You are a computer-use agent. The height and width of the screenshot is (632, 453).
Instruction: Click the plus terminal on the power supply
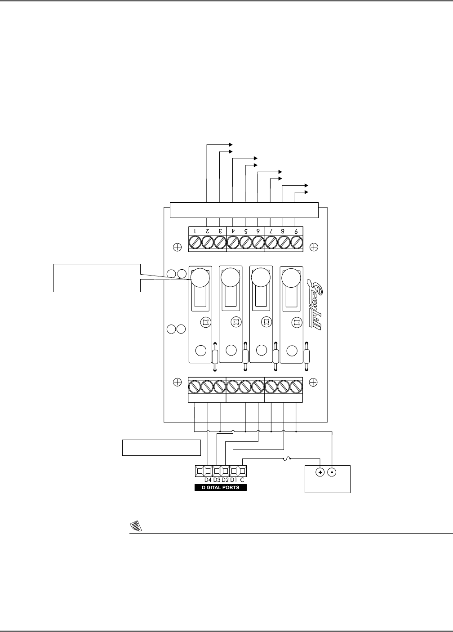tap(320, 473)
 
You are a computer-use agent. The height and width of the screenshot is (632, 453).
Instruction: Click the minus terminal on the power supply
tap(332, 473)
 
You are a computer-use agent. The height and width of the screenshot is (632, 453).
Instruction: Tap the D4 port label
tap(208, 480)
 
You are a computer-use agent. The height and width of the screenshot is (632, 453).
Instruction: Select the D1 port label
tap(234, 480)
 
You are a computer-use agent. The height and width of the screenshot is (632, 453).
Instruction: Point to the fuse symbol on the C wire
tap(286, 459)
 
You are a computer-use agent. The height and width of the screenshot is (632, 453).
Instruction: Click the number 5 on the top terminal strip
tap(245, 231)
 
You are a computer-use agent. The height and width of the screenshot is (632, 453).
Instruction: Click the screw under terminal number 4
tap(233, 242)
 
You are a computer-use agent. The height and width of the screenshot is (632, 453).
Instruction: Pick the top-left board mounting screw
tap(178, 247)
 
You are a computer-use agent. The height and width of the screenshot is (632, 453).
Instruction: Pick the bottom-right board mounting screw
tap(314, 382)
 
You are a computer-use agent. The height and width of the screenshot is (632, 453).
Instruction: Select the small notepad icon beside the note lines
tap(134, 525)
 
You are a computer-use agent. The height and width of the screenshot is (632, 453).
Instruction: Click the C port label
tap(242, 480)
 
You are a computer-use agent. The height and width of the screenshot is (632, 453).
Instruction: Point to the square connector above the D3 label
tap(217, 471)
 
